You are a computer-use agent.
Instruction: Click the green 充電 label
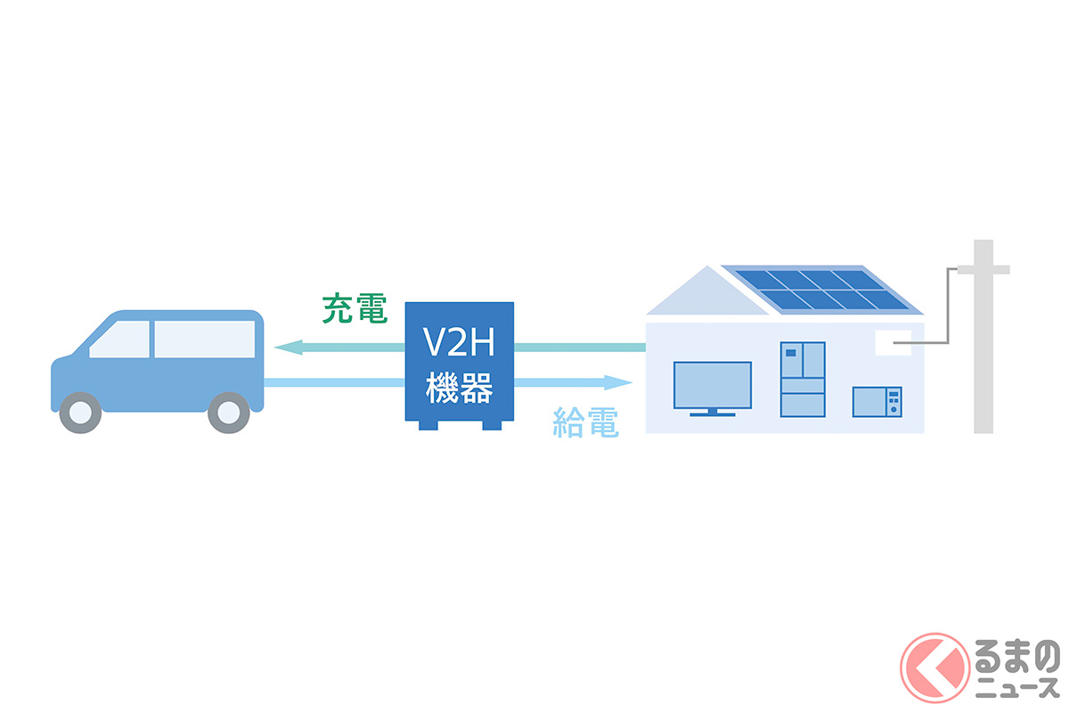click(x=354, y=307)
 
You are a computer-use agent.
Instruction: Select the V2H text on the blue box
click(x=460, y=343)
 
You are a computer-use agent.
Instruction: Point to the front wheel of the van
click(x=80, y=413)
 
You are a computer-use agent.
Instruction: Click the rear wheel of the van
click(x=228, y=413)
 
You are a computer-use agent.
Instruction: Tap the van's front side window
click(x=119, y=340)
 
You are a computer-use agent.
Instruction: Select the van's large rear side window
click(x=204, y=340)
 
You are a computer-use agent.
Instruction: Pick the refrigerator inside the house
click(x=803, y=379)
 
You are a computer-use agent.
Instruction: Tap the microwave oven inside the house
click(x=877, y=401)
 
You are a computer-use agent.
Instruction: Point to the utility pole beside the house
click(x=983, y=339)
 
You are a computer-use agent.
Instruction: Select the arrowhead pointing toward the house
click(x=619, y=382)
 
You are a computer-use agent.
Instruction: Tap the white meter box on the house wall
click(x=893, y=340)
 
